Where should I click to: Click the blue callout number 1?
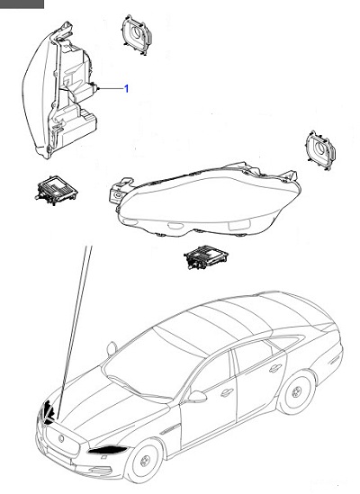point(126,89)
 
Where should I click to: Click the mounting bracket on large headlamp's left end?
point(116,191)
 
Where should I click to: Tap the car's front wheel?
point(139,467)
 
